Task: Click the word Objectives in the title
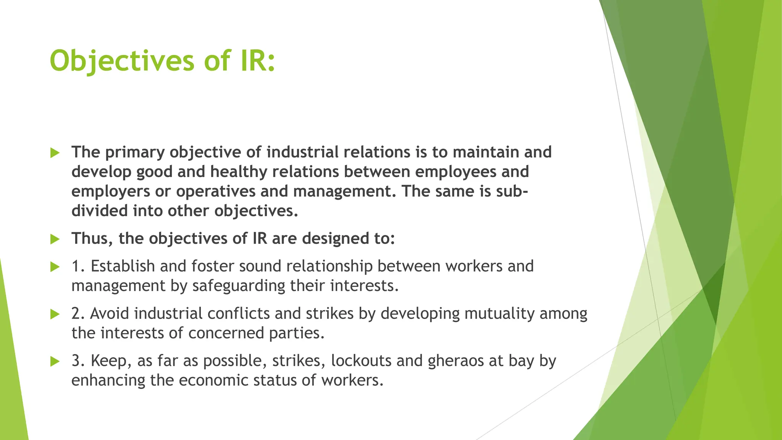coord(122,61)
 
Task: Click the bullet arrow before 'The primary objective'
coord(55,153)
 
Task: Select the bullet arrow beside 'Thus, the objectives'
coord(55,239)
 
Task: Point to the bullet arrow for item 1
coord(55,267)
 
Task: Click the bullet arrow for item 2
coord(55,314)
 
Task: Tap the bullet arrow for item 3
coord(55,361)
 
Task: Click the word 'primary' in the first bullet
coord(135,152)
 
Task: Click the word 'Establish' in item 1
coord(123,266)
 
